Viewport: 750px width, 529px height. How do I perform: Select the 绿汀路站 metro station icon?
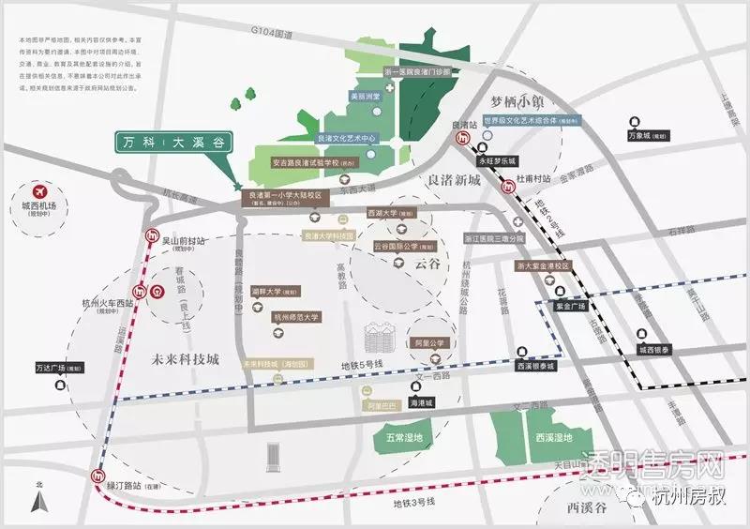click(x=97, y=476)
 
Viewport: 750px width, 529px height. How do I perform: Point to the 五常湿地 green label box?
click(x=404, y=437)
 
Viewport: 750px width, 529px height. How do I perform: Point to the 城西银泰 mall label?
click(x=656, y=350)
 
